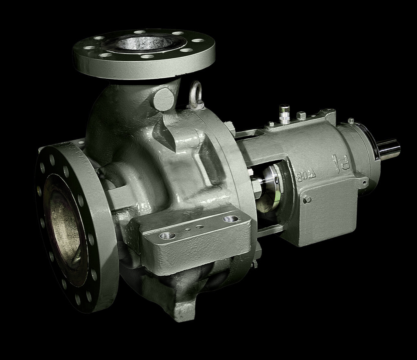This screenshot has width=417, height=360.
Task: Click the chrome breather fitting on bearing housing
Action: pos(284,114)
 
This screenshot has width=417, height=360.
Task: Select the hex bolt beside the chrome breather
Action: pos(301,115)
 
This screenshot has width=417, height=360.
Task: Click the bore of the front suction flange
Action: pos(64,228)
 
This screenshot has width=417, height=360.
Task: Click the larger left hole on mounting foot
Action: pos(167,235)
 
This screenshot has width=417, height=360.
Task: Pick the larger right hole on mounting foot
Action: pos(230,219)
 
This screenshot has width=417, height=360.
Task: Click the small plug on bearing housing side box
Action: pos(307,199)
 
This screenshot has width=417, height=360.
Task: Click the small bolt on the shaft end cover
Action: pos(351,121)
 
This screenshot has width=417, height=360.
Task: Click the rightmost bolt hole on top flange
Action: pos(198,40)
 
